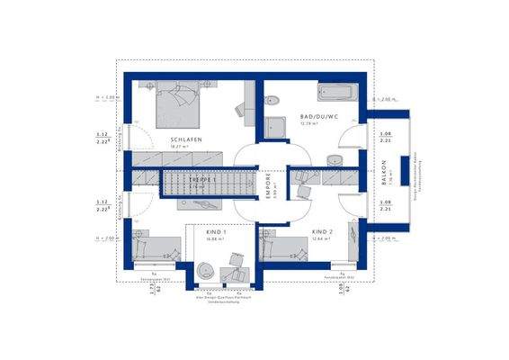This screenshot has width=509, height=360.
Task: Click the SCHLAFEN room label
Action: pos(186,140)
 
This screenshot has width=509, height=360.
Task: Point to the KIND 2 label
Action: pos(322,231)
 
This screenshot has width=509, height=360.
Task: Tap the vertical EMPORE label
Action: pos(267,184)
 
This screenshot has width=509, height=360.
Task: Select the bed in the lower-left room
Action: pos(151,248)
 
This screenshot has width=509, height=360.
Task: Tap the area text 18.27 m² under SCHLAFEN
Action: pos(186,150)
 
